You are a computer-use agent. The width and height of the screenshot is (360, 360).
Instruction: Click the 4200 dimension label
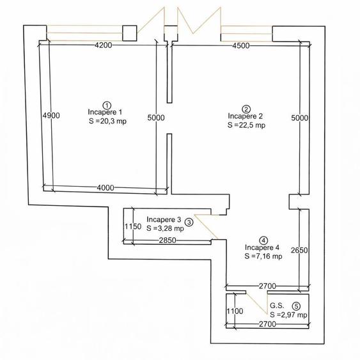[104, 45]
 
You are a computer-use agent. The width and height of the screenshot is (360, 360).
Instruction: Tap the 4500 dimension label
[241, 45]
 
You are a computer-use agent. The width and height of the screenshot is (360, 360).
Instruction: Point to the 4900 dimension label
[51, 116]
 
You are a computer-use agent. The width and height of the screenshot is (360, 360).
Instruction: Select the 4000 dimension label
[106, 188]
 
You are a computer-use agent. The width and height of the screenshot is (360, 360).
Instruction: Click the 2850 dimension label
[168, 240]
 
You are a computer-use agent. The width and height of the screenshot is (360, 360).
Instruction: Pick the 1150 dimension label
[133, 226]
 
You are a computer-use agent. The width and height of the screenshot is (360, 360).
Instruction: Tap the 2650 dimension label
[299, 250]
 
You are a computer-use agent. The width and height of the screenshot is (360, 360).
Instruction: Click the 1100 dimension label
[235, 311]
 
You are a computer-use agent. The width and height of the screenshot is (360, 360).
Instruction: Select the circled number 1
[107, 106]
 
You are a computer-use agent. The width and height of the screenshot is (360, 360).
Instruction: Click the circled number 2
[246, 109]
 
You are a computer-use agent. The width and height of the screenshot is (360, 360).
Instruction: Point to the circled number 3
[189, 223]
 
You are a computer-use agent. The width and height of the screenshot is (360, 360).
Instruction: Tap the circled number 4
[263, 240]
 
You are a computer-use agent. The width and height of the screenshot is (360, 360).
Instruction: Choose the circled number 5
[296, 306]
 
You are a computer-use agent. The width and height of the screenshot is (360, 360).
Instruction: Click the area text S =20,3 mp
[107, 121]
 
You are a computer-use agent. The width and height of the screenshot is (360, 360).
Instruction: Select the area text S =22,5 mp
[246, 125]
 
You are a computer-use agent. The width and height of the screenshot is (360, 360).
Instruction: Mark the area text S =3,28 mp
[165, 228]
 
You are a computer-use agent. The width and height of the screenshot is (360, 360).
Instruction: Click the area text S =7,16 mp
[263, 256]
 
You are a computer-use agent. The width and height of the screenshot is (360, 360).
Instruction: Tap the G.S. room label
[277, 306]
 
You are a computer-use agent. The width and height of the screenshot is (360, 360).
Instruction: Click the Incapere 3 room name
[164, 219]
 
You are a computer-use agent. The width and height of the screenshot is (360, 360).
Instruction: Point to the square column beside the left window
[130, 33]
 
